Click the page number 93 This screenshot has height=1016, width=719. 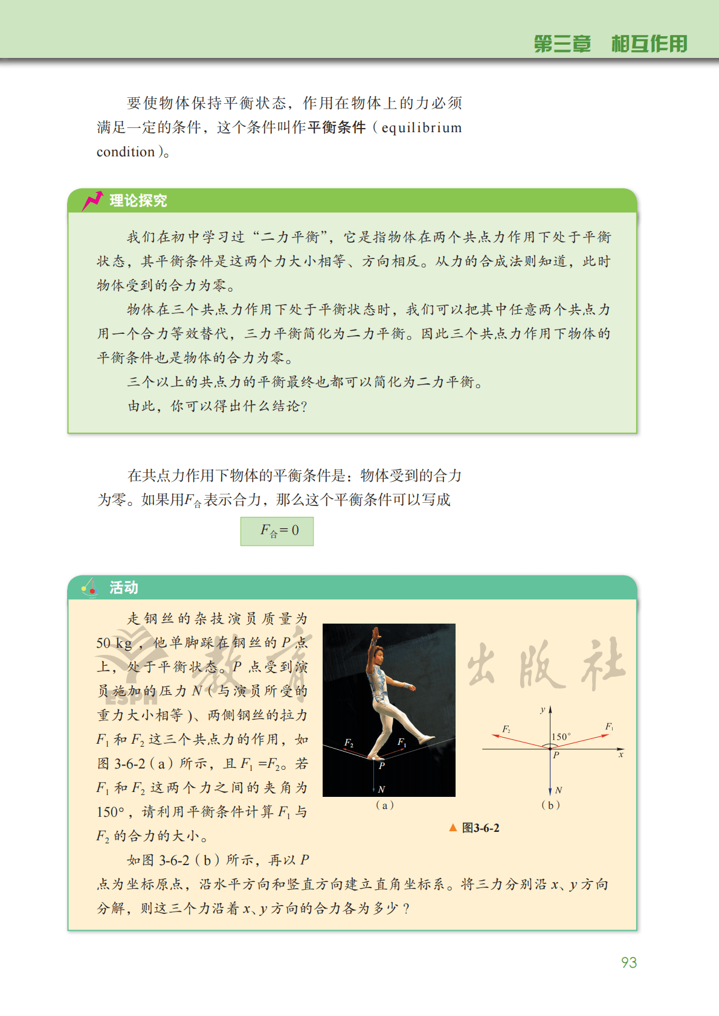pos(628,962)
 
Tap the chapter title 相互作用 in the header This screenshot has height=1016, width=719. pos(649,44)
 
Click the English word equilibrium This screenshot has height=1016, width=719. pos(421,128)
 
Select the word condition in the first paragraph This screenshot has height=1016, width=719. pos(126,152)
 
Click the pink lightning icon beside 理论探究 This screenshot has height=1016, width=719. pos(92,200)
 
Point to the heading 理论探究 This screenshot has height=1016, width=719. pos(138,200)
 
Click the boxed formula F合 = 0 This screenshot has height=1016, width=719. pos(277,531)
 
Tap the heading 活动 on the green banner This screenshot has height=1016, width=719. pos(124,587)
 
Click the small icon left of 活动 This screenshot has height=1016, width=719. pos(90,587)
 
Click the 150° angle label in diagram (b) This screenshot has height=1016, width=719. pos(561,736)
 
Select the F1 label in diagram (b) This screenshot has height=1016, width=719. pos(609,726)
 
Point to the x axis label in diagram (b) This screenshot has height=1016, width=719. pos(621,755)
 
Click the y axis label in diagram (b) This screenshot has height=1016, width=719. pos(543,710)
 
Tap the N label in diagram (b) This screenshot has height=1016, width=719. pos(559,790)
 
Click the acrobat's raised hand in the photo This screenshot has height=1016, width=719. pos(376,633)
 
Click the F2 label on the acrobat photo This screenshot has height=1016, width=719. pos(349,743)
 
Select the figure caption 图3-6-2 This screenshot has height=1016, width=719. pos(480,828)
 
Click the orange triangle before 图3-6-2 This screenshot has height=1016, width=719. pos(453,828)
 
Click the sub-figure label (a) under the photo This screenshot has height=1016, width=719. pos(384,805)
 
